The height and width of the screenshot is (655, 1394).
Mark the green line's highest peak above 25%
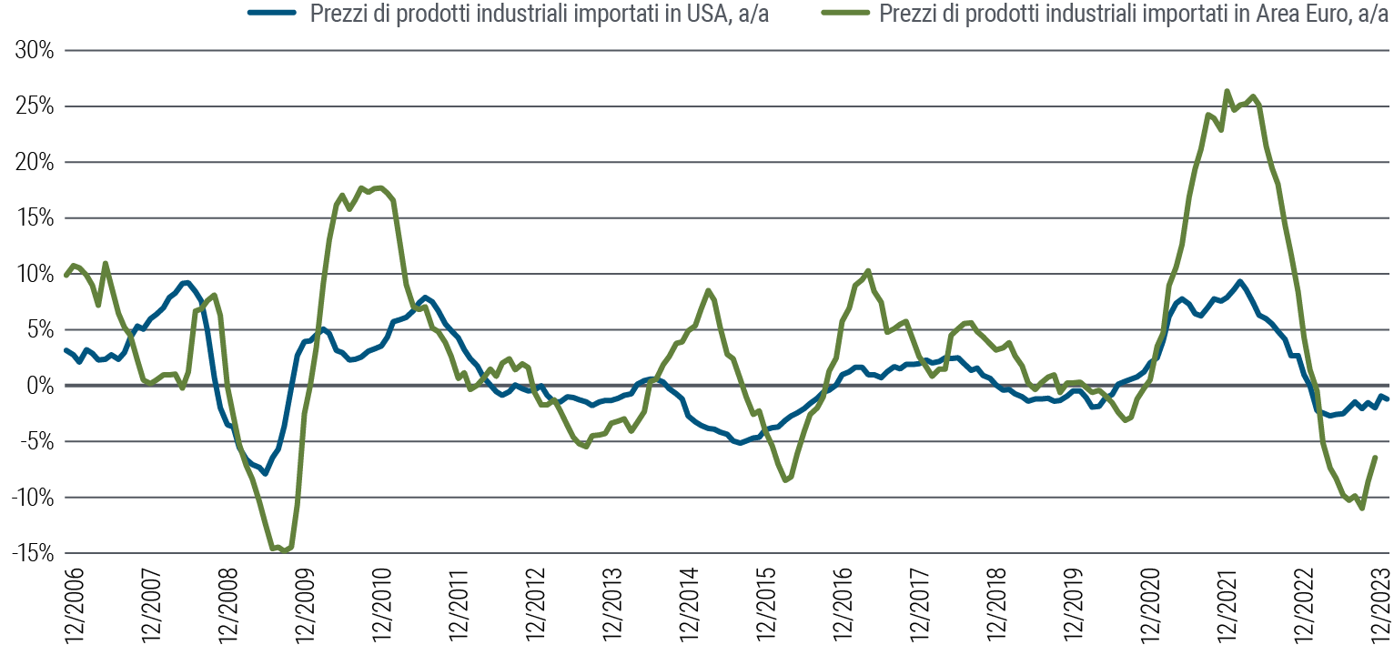1227,91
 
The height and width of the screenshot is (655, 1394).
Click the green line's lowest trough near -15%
285,550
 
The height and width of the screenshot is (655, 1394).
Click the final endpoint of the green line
1375,457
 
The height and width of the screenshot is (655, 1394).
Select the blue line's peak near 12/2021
1239,281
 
